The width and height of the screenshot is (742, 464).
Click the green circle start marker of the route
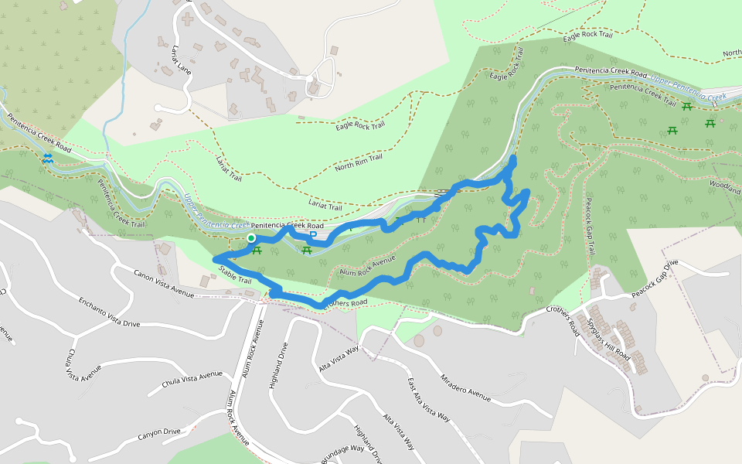click(251, 238)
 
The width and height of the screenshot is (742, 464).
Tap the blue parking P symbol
click(313, 235)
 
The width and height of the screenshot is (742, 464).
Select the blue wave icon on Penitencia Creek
click(48, 158)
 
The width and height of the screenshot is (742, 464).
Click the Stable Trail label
click(235, 273)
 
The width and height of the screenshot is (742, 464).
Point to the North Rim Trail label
click(359, 163)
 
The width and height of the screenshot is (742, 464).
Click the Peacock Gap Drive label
click(654, 278)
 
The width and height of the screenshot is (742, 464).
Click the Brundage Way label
click(342, 452)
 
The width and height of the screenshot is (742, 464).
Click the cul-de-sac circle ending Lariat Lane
click(158, 108)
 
